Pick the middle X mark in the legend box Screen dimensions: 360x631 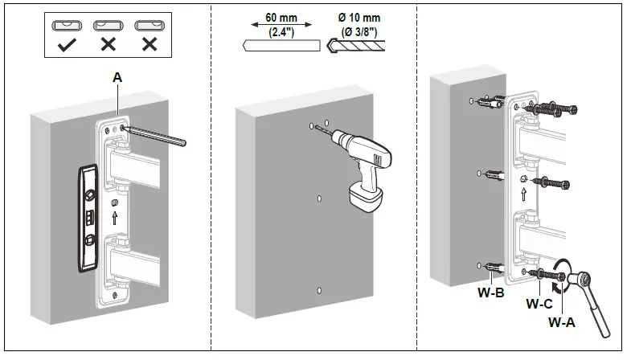[107, 43]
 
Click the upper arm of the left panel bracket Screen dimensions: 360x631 [144, 170]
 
